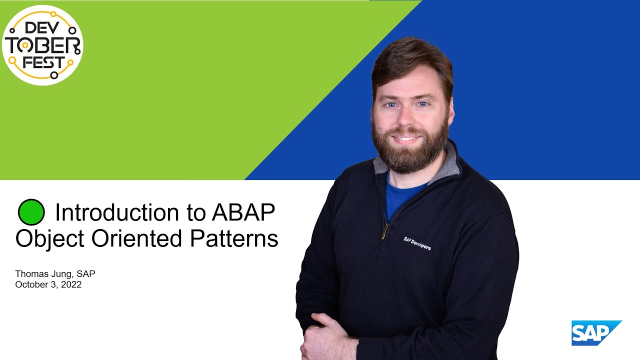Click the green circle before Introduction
31,212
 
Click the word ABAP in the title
243,212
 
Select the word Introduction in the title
117,212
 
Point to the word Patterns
234,238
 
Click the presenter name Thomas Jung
43,274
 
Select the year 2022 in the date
71,285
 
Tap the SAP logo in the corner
595,332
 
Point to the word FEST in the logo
44,62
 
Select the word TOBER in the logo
43,45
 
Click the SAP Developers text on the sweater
417,243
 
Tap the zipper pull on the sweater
384,231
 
